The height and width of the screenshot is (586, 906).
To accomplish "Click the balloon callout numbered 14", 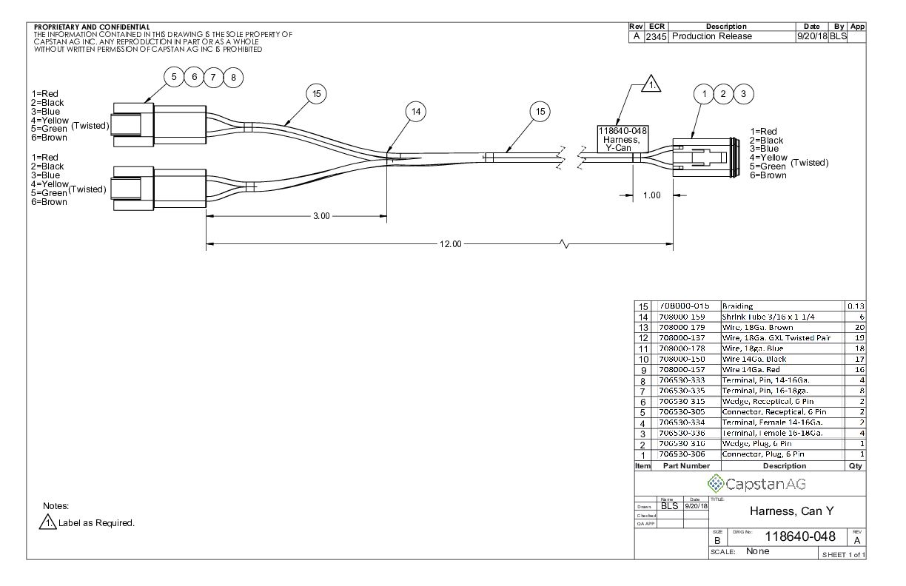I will pos(416,112).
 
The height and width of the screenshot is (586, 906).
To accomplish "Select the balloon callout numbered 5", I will pos(174,77).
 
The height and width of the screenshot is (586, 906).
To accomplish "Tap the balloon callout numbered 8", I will pos(234,77).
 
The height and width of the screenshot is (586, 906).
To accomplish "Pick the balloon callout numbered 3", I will pos(743,93).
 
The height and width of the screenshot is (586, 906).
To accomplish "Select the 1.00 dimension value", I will pos(651,195).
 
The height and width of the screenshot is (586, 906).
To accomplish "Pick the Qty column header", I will pos(855,466).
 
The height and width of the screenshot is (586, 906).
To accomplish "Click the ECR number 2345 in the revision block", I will pos(656,36).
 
